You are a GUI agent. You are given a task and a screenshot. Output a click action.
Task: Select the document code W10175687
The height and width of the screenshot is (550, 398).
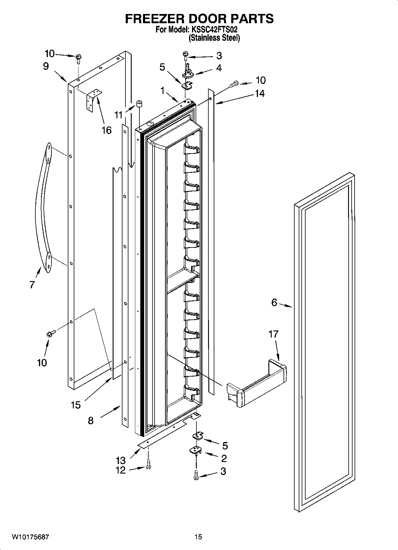pos(30,537)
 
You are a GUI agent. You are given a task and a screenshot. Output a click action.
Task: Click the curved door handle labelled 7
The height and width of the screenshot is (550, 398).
pos(43,208)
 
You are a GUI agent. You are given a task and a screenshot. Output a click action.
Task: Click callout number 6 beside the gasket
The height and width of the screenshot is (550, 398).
pos(274,303)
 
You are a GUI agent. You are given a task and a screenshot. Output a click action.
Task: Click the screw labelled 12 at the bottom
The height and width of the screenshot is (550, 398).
pos(149,470)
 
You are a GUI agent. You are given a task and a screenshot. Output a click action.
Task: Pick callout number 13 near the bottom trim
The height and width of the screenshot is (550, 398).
pos(121,460)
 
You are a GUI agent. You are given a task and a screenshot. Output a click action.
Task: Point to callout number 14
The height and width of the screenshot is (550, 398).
pos(259,93)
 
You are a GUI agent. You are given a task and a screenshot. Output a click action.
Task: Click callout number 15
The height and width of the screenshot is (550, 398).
pos(76,405)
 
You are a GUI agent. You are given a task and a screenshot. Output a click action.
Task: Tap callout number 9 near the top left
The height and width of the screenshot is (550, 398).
pos(45,66)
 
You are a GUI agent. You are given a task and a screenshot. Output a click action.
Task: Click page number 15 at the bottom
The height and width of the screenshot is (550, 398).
pos(198,537)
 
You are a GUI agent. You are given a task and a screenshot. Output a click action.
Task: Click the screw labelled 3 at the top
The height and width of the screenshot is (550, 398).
pos(185,55)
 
